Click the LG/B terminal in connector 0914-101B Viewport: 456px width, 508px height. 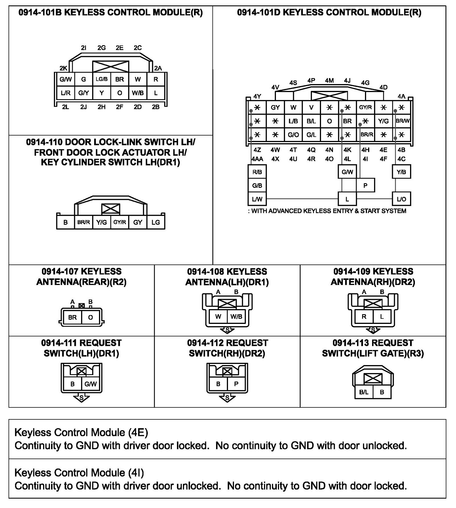[x=102, y=79]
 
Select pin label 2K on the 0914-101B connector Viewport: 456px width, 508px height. [x=63, y=68]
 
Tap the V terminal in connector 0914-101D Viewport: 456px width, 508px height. [x=311, y=107]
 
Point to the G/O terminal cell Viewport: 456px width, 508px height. [x=293, y=135]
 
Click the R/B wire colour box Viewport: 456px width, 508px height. [x=257, y=172]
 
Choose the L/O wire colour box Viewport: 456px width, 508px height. [x=401, y=199]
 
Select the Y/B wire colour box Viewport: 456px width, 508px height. [x=401, y=172]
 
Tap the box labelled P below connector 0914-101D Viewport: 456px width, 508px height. [x=365, y=186]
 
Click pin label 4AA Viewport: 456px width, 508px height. [x=257, y=159]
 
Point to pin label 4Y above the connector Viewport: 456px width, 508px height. [x=257, y=96]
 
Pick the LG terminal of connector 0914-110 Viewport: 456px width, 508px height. [x=156, y=222]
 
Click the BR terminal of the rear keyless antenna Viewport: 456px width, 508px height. [x=72, y=317]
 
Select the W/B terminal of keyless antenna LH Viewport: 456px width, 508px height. [x=236, y=316]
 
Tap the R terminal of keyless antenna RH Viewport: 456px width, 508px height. [x=364, y=316]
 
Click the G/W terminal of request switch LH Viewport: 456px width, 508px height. [x=90, y=384]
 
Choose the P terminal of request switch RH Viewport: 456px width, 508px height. [x=236, y=384]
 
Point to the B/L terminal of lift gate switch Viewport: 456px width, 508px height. [x=364, y=392]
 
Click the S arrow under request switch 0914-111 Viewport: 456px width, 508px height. [x=81, y=398]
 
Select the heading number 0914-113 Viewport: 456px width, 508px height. [x=351, y=343]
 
